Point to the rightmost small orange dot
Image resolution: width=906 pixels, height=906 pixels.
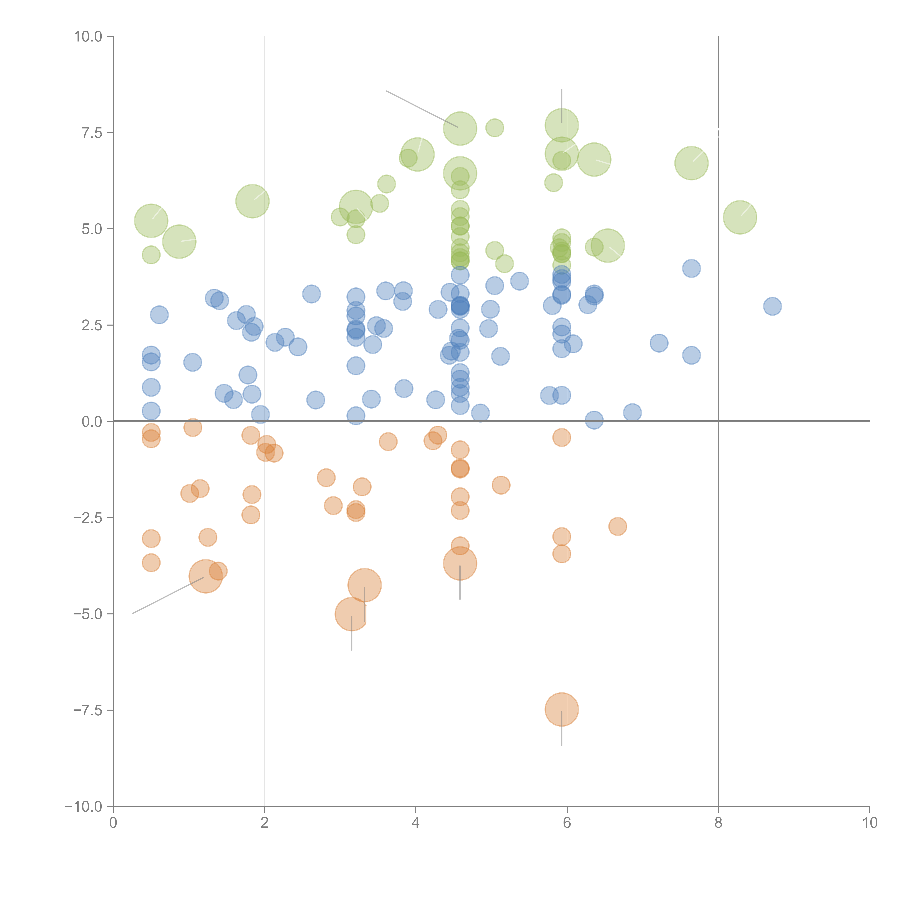pyautogui.click(x=618, y=527)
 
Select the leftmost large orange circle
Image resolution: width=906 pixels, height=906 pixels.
pyautogui.click(x=205, y=576)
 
